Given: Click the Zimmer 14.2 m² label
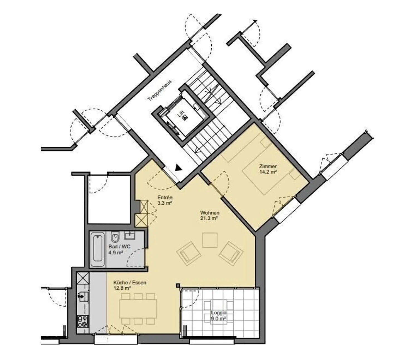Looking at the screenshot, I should click(x=267, y=169).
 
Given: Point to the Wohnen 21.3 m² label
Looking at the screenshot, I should click(x=209, y=215).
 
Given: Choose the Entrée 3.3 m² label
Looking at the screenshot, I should click(x=165, y=200).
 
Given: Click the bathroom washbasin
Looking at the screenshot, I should click(x=130, y=236).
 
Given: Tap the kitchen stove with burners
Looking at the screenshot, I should click(x=83, y=321).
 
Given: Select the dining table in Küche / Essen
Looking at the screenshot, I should click(x=138, y=309).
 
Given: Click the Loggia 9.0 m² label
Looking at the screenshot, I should click(x=219, y=315).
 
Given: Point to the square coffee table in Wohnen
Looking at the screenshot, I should click(x=210, y=240).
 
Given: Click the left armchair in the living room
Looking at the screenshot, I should click(x=189, y=253).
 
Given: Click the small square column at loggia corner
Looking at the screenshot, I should click(x=178, y=286).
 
